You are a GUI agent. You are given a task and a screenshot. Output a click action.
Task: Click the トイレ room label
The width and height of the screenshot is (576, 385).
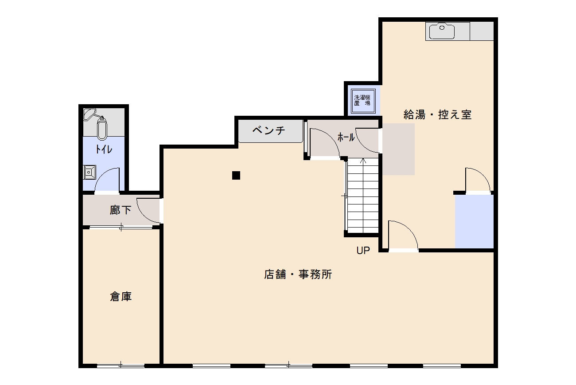[104, 149]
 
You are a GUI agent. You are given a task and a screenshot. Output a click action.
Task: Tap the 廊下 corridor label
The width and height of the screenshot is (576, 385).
[121, 210]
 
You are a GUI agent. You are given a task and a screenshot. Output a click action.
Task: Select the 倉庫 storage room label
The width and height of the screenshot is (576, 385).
[121, 297]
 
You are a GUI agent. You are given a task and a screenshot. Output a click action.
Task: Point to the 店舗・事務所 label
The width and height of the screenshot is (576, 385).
[298, 275]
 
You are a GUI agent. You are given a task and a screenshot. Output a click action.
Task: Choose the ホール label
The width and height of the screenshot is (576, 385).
[346, 137]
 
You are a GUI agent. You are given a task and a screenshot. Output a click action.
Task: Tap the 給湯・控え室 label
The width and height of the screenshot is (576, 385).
[437, 114]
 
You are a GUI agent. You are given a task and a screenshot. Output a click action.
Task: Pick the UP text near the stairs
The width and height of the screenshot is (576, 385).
[363, 251]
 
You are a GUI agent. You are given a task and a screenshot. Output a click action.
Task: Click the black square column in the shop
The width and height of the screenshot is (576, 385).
[236, 175]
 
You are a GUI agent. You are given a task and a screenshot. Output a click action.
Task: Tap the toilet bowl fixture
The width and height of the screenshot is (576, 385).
[102, 128]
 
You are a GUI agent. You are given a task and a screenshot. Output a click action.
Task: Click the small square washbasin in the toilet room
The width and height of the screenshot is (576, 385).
[90, 172]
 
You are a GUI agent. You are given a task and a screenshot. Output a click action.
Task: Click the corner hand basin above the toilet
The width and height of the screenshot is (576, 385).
[90, 113]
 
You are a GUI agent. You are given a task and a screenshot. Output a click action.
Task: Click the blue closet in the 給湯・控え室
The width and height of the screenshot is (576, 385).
[474, 221]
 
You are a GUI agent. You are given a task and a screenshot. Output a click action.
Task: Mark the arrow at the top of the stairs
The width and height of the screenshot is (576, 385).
[363, 161]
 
